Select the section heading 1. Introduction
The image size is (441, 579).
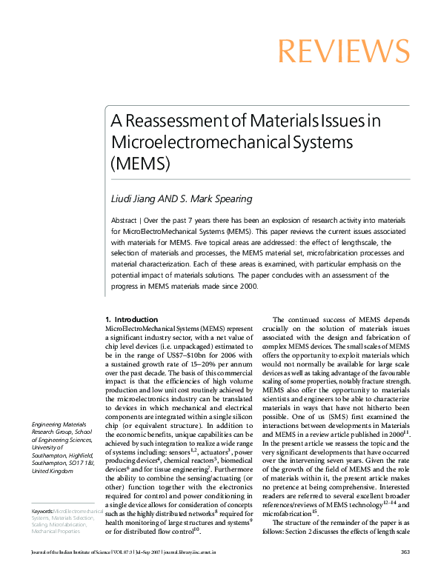[131, 320]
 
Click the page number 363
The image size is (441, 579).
[405, 572]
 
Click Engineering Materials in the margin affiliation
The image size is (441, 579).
[57, 424]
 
